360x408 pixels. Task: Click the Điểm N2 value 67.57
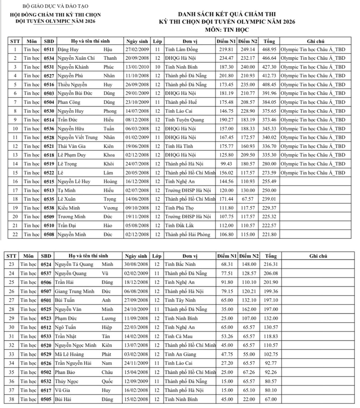pyautogui.click(x=248, y=199)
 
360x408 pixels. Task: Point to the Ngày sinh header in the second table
pyautogui.click(x=137, y=256)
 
